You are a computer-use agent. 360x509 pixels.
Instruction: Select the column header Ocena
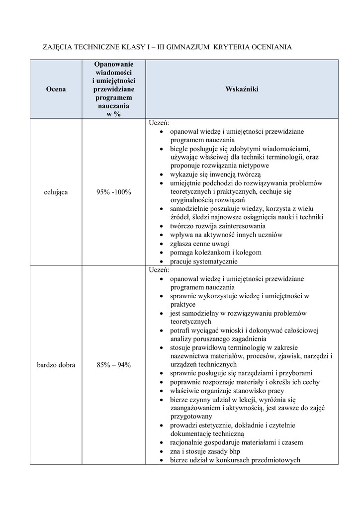pyautogui.click(x=55, y=89)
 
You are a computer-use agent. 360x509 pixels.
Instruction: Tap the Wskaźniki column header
pyautogui.click(x=242, y=89)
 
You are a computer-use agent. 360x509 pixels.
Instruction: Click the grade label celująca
pyautogui.click(x=55, y=192)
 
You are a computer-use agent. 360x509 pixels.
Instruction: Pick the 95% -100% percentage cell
pyautogui.click(x=114, y=192)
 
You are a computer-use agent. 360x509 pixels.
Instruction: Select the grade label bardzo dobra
pyautogui.click(x=56, y=365)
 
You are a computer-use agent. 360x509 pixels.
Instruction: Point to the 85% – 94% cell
pyautogui.click(x=114, y=365)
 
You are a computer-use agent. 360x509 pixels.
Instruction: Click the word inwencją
pyautogui.click(x=227, y=174)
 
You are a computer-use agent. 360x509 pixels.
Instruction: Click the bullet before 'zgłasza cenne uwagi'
pyautogui.click(x=163, y=244)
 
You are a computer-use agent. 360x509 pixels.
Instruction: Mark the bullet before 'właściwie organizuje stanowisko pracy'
pyautogui.click(x=163, y=391)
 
